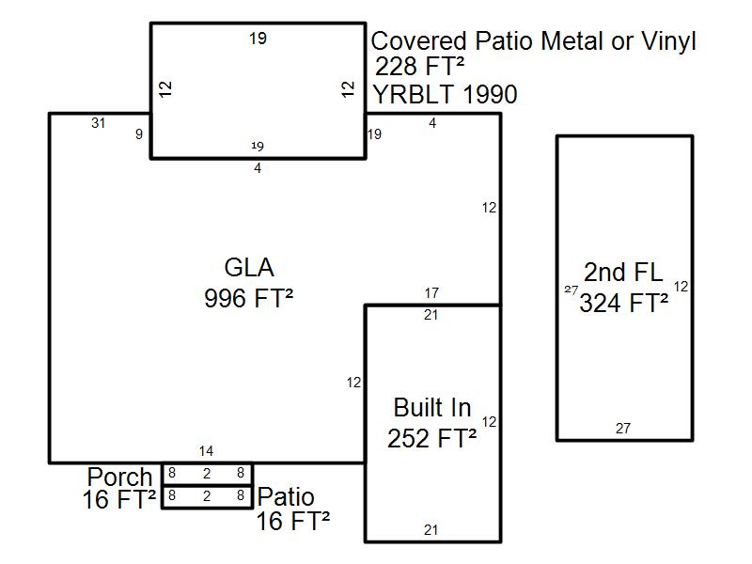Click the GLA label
point(249,268)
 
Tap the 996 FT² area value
point(249,298)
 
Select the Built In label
point(432,408)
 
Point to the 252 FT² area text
point(432,439)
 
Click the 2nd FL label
point(623,273)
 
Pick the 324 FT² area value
point(624,304)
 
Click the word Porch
point(119,478)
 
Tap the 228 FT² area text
point(420,67)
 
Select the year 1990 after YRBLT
point(485,95)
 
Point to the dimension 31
point(98,123)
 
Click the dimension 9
point(139,134)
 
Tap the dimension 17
point(431,294)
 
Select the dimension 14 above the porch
point(207,452)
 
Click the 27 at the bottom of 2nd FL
point(623,429)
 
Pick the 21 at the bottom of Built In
point(431,530)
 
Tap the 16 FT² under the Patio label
point(293,521)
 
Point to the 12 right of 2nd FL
point(681,287)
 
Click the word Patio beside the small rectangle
point(287,497)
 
